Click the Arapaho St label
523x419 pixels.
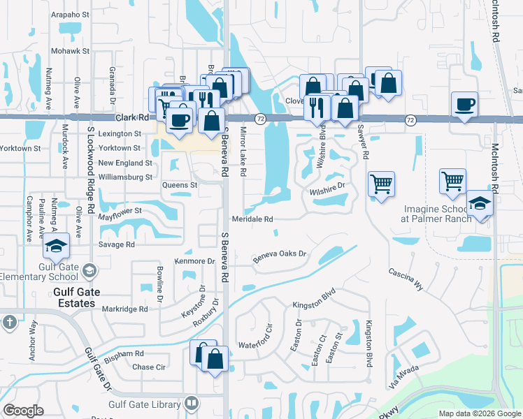[71, 13]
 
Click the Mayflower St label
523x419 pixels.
[120, 210]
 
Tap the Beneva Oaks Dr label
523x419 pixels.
[280, 256]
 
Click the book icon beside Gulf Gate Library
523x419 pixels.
[190, 404]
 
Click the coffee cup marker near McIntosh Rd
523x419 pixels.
[465, 105]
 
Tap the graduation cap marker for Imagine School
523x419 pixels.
[480, 203]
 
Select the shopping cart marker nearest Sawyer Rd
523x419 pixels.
[382, 184]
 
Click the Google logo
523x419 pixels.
[24, 411]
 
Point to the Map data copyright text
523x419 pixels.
[480, 413]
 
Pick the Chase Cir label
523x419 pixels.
[149, 367]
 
